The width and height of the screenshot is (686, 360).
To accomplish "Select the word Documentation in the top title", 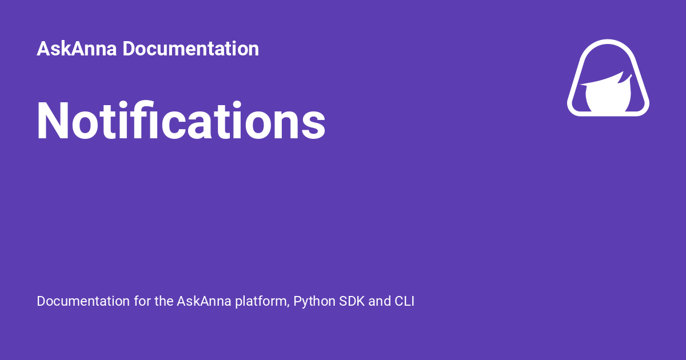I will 190,49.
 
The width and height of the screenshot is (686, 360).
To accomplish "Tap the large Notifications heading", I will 181,121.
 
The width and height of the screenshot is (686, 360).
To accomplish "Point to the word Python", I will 314,302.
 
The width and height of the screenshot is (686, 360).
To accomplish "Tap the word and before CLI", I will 380,301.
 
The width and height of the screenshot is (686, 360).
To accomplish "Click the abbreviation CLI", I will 404,301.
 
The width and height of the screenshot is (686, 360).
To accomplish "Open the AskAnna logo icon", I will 608,78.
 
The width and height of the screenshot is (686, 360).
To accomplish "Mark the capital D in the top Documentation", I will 128,49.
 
